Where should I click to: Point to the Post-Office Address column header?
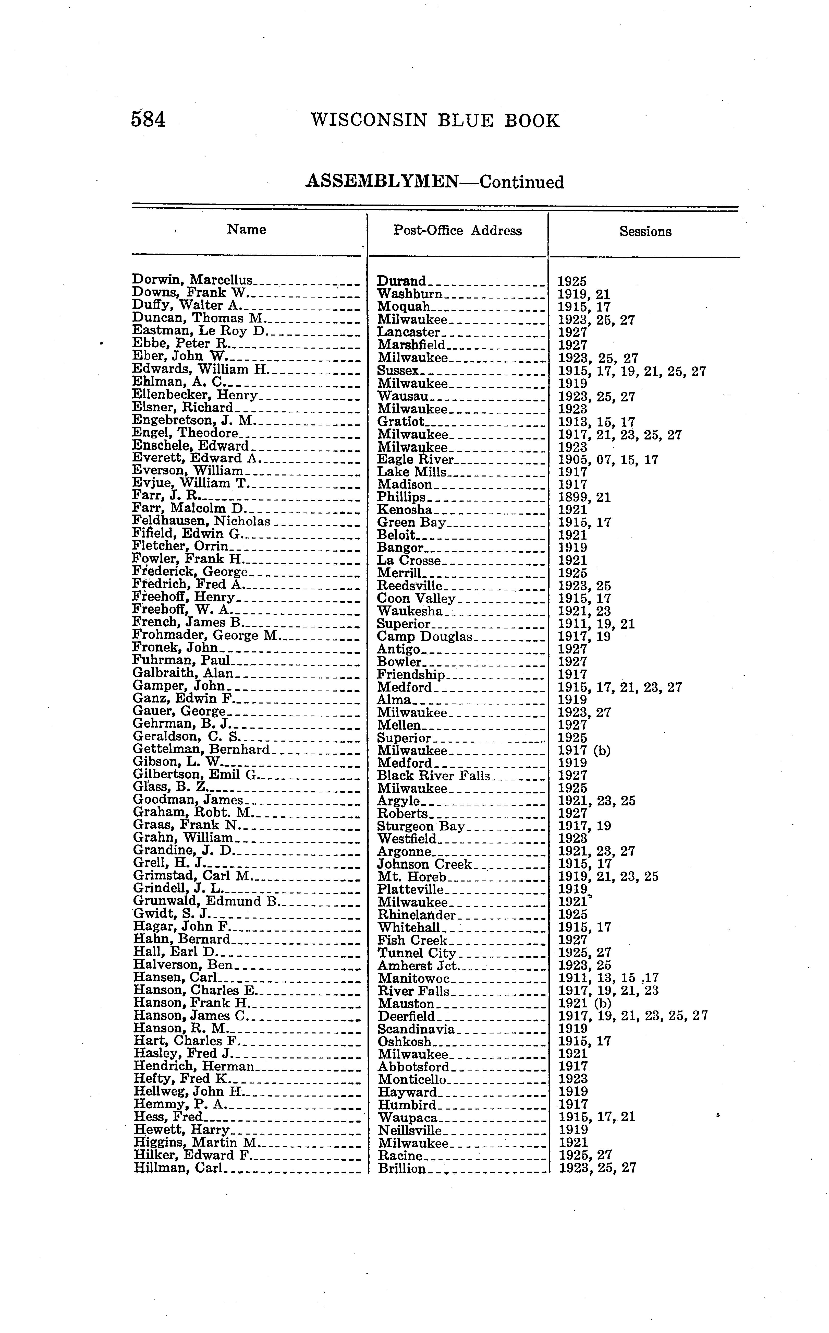(457, 230)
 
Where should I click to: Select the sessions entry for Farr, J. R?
(584, 497)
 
